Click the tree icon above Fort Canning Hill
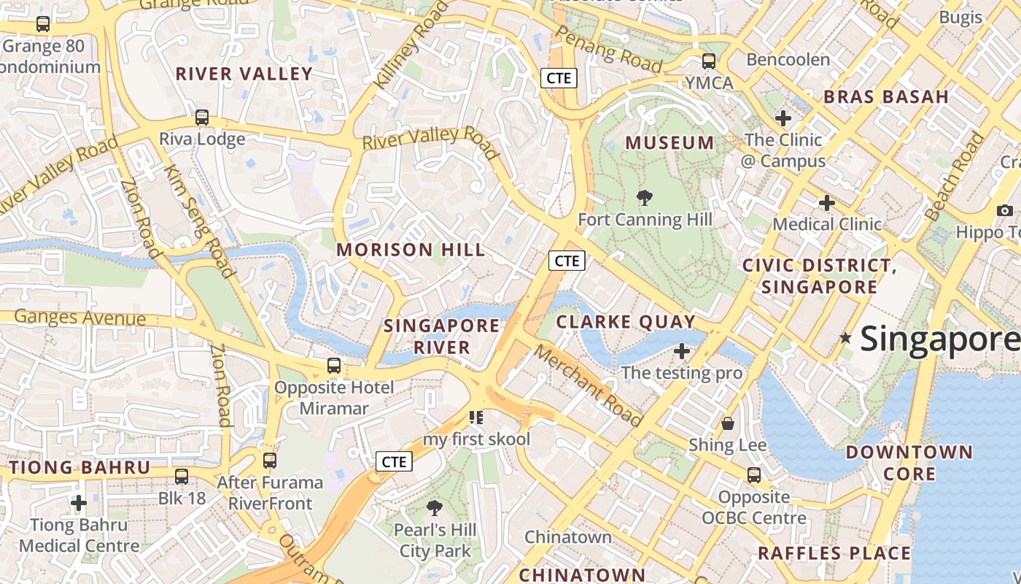644,197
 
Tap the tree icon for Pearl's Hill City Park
435,507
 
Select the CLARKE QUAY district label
626,322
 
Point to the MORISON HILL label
411,250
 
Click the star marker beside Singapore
845,338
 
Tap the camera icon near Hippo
1005,211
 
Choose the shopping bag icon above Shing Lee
727,423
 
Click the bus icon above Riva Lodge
202,117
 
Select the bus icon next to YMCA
708,61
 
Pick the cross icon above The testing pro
682,351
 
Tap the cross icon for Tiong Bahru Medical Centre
79,503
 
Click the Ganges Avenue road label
80,318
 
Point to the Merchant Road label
588,385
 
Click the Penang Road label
608,50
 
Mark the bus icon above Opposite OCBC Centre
754,475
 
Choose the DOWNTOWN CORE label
909,463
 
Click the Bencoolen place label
788,60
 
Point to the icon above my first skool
476,418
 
